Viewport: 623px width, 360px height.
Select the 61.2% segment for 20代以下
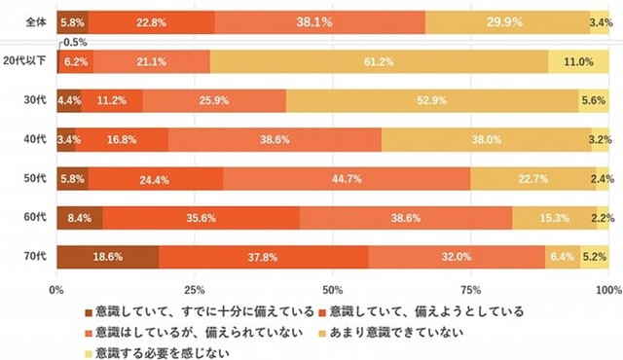pos(378,61)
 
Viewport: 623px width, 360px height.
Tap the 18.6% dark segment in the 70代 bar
pos(107,256)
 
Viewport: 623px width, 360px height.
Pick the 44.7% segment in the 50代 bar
pos(347,179)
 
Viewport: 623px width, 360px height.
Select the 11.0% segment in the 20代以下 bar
pos(578,61)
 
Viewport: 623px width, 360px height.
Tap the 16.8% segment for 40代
pos(122,139)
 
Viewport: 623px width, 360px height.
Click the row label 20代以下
pos(26,61)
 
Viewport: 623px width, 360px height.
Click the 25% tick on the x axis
pos(195,290)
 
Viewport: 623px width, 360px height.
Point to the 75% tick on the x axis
pos(471,290)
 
